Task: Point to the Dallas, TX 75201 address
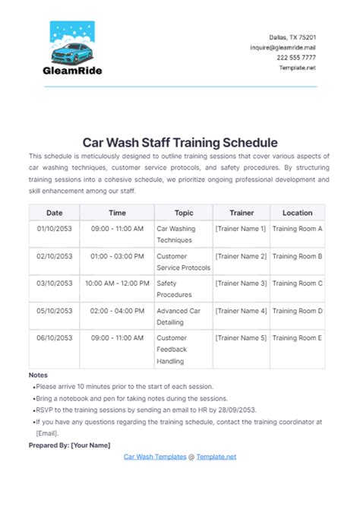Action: (x=293, y=37)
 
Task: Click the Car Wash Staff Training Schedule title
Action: (x=180, y=142)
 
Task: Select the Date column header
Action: (x=54, y=213)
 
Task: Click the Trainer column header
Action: (x=241, y=213)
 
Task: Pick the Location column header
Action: (x=297, y=213)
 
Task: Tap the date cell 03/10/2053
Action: (x=54, y=283)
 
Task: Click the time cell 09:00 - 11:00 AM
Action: (x=118, y=228)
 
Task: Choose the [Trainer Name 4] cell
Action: (x=241, y=311)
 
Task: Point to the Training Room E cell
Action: (x=297, y=338)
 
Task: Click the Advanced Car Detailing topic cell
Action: (x=182, y=316)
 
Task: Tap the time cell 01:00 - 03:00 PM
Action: (x=118, y=256)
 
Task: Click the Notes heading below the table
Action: (x=38, y=375)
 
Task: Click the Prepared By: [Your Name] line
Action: (x=69, y=445)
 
